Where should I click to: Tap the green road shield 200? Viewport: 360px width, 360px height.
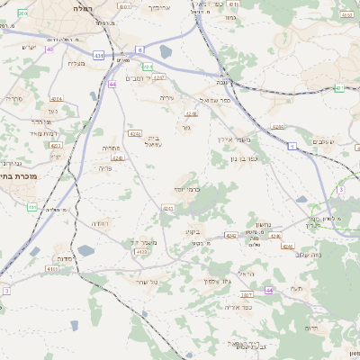[22, 14]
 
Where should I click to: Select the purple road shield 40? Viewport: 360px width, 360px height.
[49, 49]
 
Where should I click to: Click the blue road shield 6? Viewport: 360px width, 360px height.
[139, 49]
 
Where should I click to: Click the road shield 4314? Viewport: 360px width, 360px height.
[57, 98]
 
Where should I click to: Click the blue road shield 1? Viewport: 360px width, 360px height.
[292, 145]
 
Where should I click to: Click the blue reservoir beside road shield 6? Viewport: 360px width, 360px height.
[166, 53]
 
